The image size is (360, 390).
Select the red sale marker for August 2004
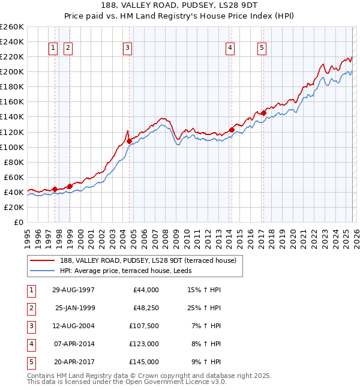(x=129, y=141)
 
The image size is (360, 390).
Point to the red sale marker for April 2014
(x=232, y=130)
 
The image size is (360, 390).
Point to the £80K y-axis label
(x=13, y=162)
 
